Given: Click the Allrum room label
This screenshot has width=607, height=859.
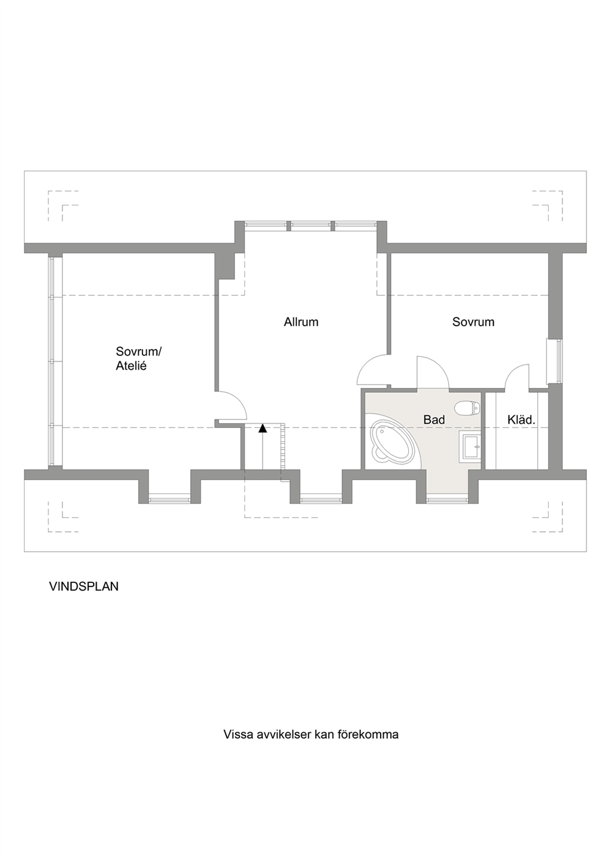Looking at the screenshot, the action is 301,321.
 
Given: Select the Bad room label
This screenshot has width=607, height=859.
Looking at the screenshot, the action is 434,420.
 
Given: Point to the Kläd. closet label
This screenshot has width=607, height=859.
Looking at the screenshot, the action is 521,420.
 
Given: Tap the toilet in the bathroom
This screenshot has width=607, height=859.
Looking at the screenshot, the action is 467,408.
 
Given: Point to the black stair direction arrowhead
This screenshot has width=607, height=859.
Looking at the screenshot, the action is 263,429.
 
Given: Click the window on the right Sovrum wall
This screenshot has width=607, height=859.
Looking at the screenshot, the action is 559,361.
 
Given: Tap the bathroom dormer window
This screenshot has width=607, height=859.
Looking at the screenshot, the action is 447,500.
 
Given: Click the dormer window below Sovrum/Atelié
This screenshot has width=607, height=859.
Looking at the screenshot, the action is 169,500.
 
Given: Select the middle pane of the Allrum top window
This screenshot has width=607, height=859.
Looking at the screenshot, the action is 311,226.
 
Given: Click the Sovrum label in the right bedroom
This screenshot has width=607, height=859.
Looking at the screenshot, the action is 473,321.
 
